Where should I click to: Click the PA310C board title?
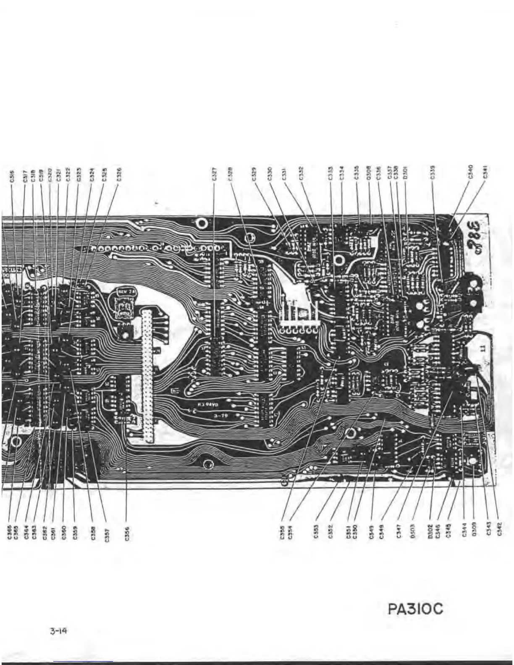tap(416, 608)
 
